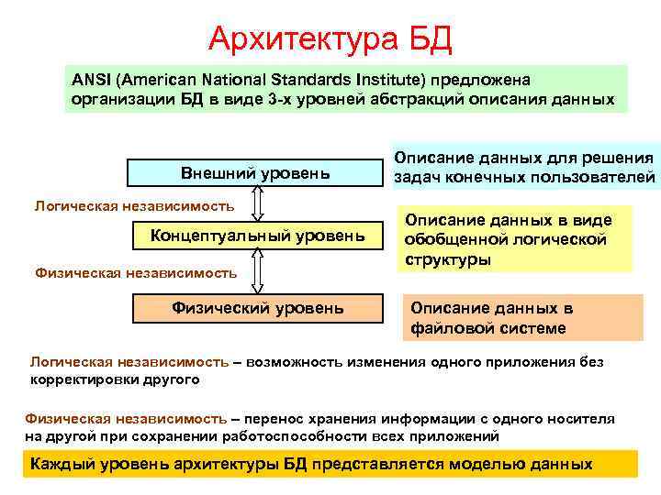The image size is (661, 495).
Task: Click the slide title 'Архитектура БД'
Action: pos(330,38)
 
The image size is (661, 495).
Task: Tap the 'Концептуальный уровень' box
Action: pos(257,236)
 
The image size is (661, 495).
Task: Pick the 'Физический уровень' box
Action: pos(257,307)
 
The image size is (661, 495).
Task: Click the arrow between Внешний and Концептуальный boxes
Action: pos(258,204)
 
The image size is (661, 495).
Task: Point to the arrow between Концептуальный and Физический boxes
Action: pos(258,272)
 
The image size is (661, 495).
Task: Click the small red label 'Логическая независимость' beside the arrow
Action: pos(134,205)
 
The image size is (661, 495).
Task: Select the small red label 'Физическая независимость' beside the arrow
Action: pos(135,271)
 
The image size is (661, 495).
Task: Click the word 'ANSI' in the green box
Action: pos(91,81)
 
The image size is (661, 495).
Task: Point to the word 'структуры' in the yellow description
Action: pos(448,259)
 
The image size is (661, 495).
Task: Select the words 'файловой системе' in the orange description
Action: pos(487,328)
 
